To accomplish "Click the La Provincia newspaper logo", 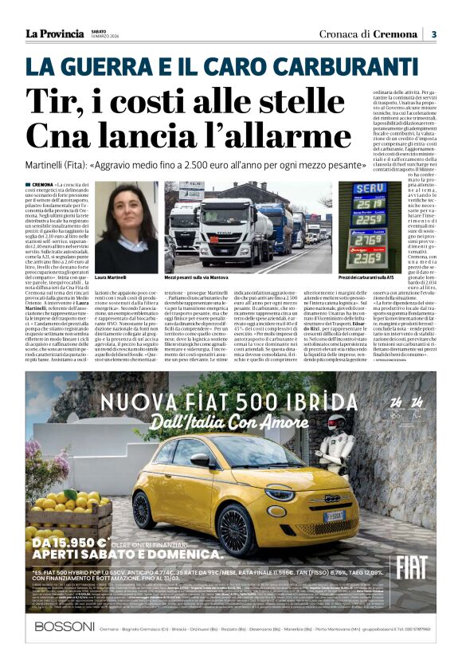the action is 54,33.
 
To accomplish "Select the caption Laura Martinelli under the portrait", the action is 112,277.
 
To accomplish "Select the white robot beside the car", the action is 337,450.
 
